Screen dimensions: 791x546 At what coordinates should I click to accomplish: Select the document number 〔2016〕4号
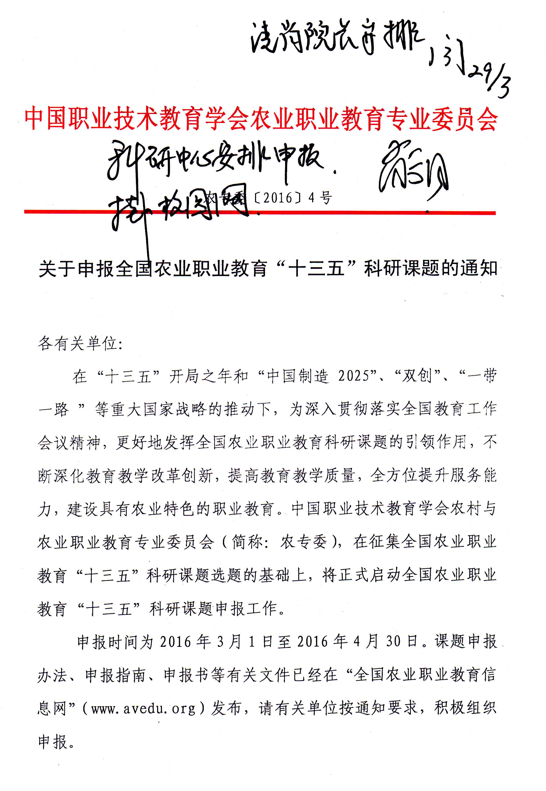click(293, 198)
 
